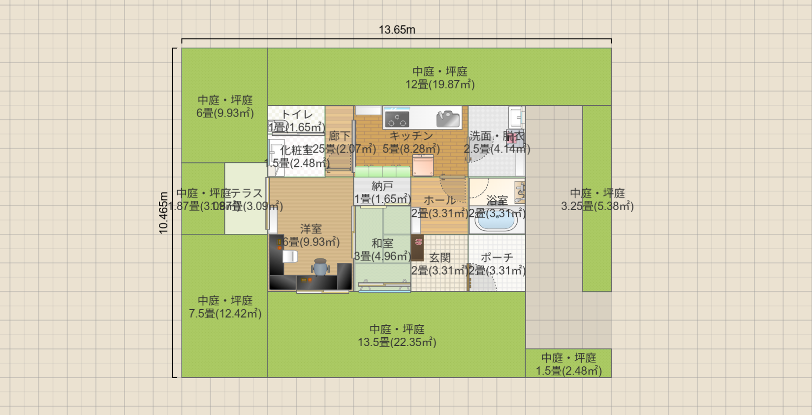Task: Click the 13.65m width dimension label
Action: (x=397, y=30)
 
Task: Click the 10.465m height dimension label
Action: (x=163, y=213)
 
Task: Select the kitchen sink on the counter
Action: (x=448, y=119)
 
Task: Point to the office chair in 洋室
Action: (x=320, y=267)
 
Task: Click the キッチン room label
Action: (x=411, y=136)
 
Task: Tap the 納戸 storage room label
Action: (x=382, y=186)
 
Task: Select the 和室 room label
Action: (x=382, y=243)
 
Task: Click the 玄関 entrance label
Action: (x=439, y=257)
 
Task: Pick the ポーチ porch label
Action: (x=497, y=257)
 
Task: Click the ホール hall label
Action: (x=439, y=200)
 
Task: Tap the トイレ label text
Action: (x=297, y=114)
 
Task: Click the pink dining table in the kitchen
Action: (x=423, y=165)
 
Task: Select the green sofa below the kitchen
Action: (x=382, y=171)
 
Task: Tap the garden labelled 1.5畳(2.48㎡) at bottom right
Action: (x=568, y=364)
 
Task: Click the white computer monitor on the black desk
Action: (x=290, y=256)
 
